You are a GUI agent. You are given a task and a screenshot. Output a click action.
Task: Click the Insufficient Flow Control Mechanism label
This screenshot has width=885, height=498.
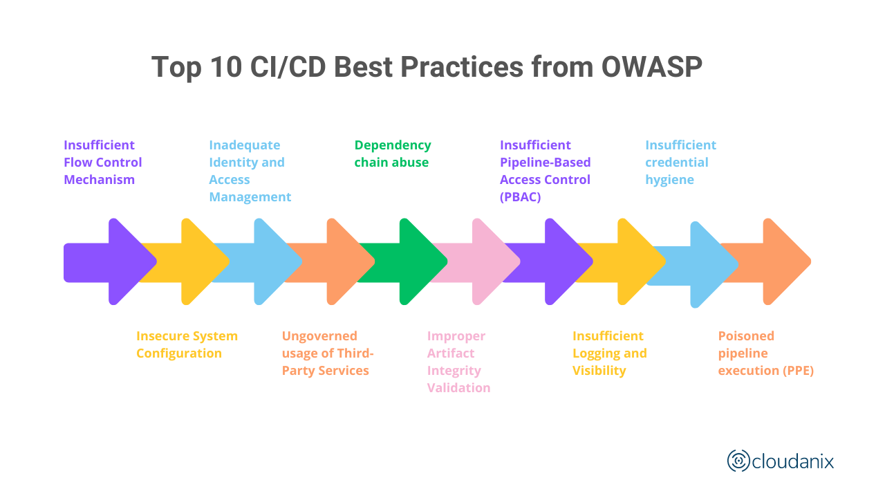(102, 163)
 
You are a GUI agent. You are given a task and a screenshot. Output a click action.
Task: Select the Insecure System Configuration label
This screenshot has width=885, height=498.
(187, 344)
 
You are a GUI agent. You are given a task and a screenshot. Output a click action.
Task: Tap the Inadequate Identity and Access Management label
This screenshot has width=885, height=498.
(250, 171)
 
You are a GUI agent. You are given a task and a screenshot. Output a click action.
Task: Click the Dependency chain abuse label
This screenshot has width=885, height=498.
(392, 154)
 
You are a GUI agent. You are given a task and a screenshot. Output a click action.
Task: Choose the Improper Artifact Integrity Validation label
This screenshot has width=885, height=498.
(458, 362)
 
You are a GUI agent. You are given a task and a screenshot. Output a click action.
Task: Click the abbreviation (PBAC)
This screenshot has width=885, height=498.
(520, 197)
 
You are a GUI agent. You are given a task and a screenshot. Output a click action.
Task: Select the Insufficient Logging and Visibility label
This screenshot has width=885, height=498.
(609, 353)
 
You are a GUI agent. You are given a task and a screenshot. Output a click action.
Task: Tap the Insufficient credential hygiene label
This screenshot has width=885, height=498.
(680, 163)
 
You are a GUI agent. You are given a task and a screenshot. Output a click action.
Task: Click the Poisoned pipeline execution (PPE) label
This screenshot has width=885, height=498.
(765, 353)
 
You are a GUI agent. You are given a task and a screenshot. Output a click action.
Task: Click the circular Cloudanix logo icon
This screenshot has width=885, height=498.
(738, 461)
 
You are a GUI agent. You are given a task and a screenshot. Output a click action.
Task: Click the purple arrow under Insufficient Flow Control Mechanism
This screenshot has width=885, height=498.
(118, 261)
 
